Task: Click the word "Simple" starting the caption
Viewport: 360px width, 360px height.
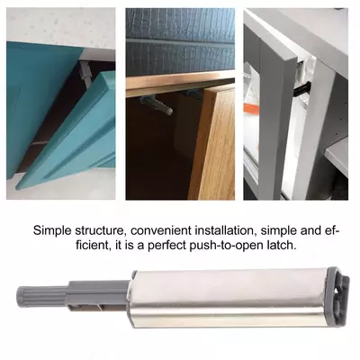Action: tap(52, 231)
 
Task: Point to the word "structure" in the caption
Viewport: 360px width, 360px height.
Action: tap(100, 231)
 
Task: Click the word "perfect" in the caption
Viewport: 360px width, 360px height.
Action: tap(167, 246)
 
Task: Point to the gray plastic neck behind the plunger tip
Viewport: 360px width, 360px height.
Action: tap(99, 295)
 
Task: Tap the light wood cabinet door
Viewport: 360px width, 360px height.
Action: tap(213, 144)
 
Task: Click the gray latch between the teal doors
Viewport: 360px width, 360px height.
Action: tap(86, 75)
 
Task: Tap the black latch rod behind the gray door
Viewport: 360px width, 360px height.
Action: tap(303, 87)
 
